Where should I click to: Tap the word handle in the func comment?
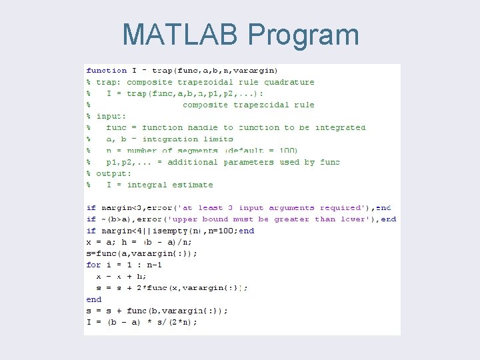(x=203, y=127)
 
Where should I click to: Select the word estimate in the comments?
(x=193, y=185)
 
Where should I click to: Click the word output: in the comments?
(x=113, y=173)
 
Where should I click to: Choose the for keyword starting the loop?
(x=94, y=265)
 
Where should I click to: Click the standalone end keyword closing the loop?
(x=94, y=299)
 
